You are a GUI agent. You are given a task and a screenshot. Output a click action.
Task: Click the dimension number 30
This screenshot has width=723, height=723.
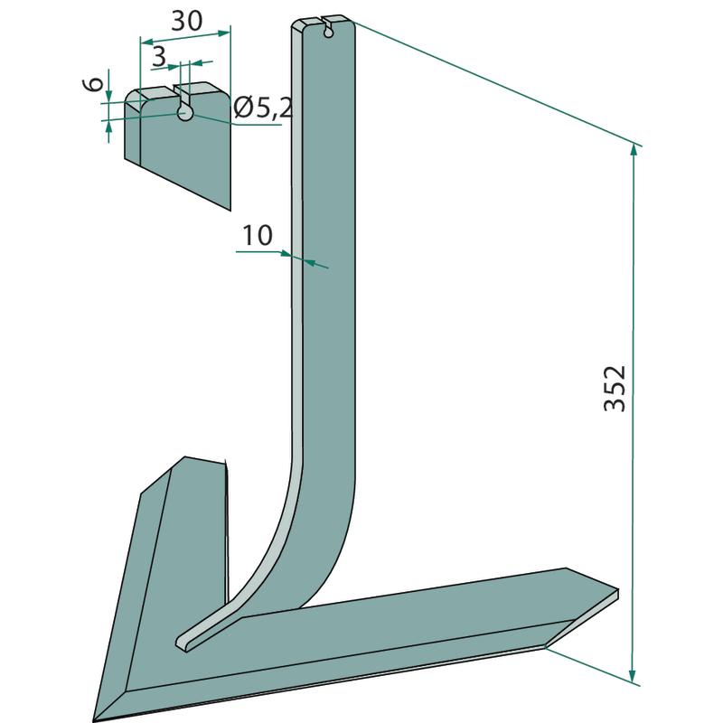[187, 21]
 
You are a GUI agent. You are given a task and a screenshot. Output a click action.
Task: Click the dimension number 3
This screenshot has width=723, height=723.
[158, 57]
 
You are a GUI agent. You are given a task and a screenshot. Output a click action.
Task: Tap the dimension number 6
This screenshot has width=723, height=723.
[95, 85]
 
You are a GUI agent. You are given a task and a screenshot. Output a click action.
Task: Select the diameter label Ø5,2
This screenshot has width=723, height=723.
[263, 108]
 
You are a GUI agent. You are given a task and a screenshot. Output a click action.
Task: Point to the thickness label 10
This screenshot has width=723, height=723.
[258, 236]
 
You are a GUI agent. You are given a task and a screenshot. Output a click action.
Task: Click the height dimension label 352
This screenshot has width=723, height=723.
[615, 389]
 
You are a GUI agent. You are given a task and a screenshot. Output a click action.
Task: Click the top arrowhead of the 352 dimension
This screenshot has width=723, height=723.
[634, 151]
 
